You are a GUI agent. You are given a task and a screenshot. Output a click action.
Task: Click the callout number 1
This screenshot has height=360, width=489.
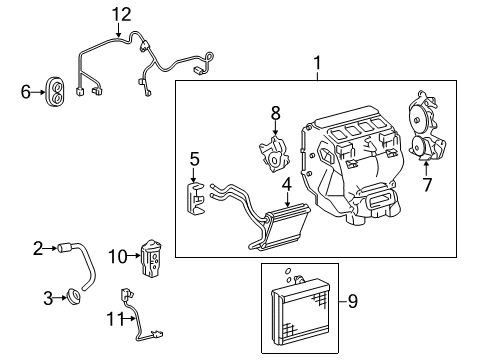tap(317, 67)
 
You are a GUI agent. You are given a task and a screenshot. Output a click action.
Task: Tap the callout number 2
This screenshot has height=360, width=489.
tap(38, 247)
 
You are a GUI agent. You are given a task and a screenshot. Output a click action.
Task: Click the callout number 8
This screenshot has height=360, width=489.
tap(276, 114)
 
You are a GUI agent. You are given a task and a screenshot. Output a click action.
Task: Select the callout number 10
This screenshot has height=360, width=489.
tap(117, 256)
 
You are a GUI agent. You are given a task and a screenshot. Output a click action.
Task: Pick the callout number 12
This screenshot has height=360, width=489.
tap(121, 14)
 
